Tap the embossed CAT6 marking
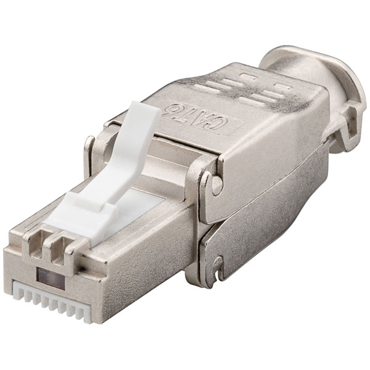(198, 117)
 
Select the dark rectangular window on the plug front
(51, 279)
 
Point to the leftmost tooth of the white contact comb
(18, 290)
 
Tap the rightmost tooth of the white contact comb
(86, 312)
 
